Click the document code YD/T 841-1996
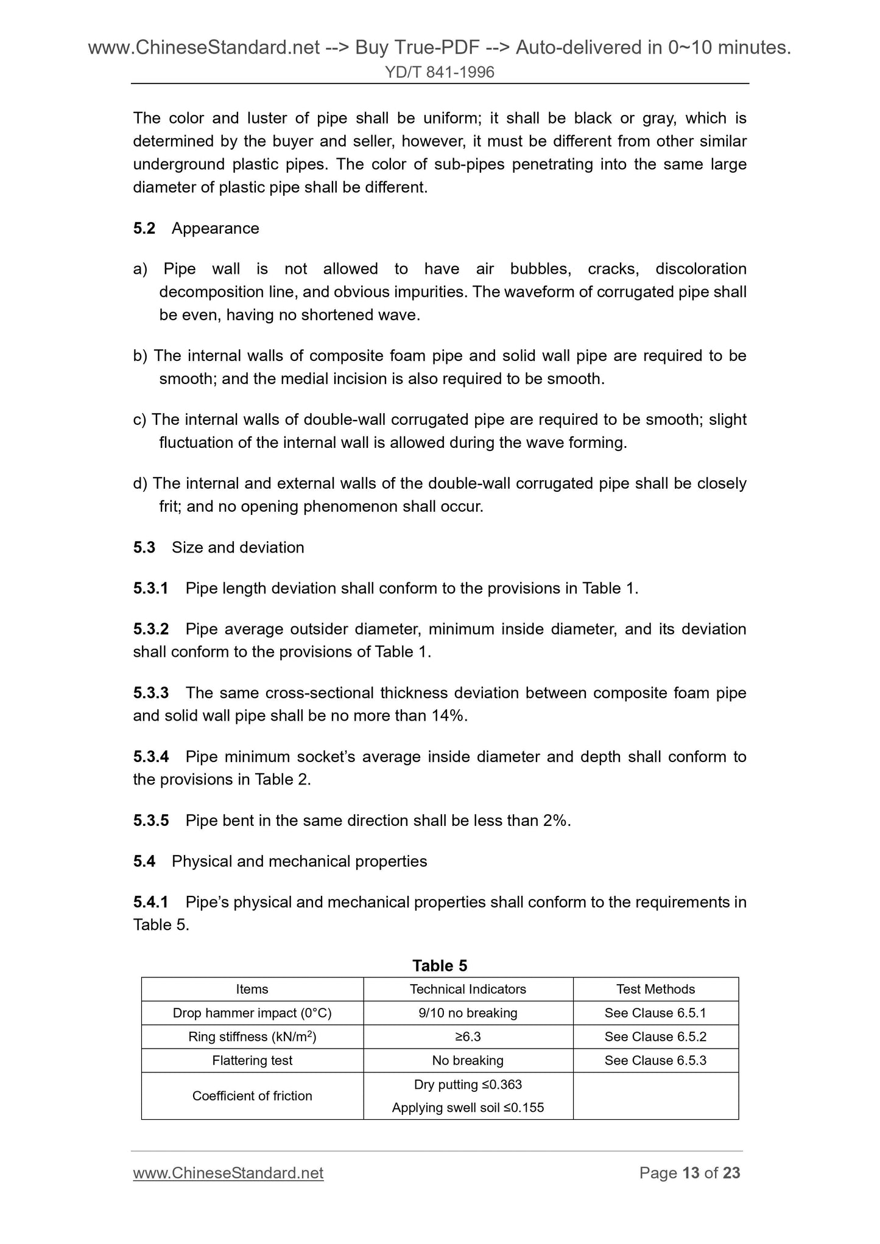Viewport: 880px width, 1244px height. pos(439,73)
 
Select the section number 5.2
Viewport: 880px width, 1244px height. pos(144,228)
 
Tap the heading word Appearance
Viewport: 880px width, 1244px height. pos(215,228)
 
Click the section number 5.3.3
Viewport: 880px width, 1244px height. pos(151,693)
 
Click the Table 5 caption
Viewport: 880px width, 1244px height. pos(440,966)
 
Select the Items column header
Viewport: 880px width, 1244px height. pos(252,989)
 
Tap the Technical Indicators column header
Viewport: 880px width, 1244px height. pos(468,989)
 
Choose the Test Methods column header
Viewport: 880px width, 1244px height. pos(655,989)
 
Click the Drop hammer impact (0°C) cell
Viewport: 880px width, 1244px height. pos(252,1013)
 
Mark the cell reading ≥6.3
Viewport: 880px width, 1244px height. pos(468,1036)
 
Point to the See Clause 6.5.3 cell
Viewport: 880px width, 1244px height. pos(655,1060)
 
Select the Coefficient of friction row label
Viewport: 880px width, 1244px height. pos(252,1095)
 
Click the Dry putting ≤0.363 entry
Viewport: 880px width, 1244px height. pos(468,1084)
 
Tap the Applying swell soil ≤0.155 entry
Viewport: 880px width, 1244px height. pos(468,1108)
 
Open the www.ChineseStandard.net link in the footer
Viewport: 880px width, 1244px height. pos(228,1173)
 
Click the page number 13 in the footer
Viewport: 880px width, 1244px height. pos(691,1173)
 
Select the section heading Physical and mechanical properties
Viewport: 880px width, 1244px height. pos(299,861)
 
